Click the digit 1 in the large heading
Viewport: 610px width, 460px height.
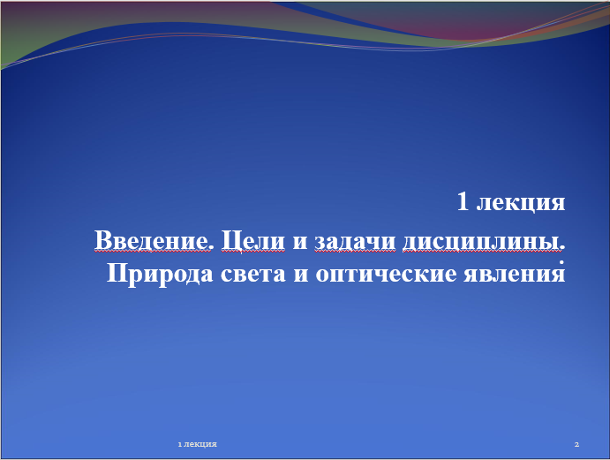click(x=463, y=201)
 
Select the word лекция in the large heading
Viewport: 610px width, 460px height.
click(x=521, y=203)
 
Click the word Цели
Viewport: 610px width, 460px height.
click(x=252, y=241)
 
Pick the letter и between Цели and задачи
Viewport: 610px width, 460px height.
click(x=300, y=242)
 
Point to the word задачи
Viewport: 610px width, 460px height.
click(x=355, y=242)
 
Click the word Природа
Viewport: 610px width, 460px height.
click(x=160, y=275)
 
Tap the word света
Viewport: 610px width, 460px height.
click(x=253, y=275)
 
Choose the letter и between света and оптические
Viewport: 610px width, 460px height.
click(x=301, y=275)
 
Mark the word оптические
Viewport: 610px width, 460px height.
click(x=386, y=275)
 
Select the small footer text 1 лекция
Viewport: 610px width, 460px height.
click(x=197, y=444)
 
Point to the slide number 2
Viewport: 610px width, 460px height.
click(x=576, y=444)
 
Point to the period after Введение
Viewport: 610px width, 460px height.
click(x=211, y=247)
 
